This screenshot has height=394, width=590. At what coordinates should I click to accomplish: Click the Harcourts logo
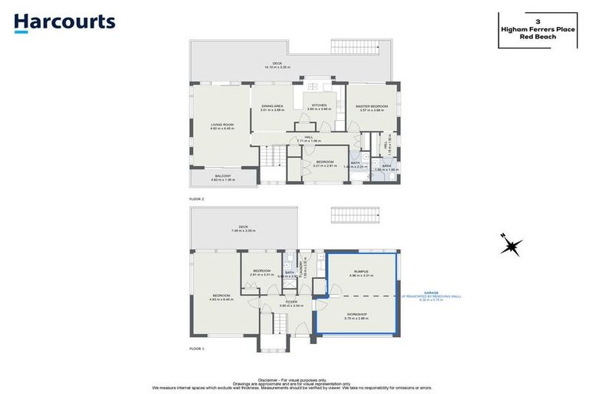[65, 23]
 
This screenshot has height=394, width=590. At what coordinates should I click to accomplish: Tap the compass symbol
[510, 246]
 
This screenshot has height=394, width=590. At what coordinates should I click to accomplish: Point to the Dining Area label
[273, 107]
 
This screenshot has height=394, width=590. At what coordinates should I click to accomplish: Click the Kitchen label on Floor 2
[318, 107]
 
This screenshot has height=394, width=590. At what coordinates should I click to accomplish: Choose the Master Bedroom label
[371, 107]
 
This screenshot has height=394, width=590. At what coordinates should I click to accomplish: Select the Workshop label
[357, 316]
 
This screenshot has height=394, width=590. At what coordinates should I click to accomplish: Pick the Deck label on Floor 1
[244, 228]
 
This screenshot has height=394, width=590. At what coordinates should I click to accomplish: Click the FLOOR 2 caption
[197, 199]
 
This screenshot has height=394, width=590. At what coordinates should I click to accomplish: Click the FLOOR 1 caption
[197, 349]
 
